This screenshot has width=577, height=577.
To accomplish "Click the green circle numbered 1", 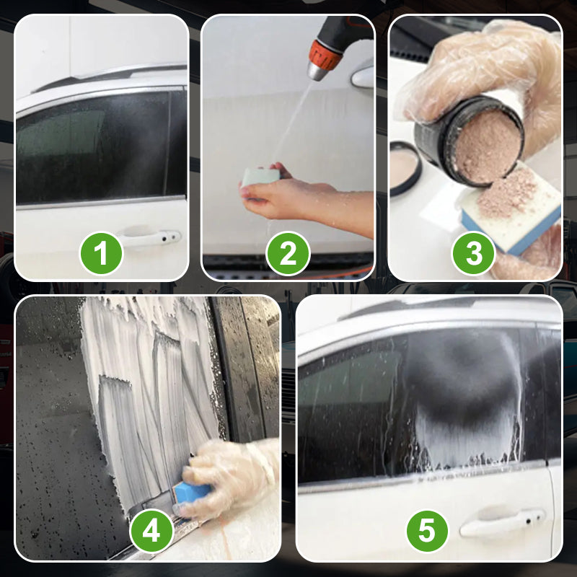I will [101, 253].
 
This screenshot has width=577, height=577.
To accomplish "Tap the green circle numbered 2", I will [288, 253].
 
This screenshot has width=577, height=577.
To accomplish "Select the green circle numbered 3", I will [474, 253].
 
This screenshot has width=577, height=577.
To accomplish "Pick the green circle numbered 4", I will [151, 532].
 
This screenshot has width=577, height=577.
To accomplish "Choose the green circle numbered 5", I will [428, 532].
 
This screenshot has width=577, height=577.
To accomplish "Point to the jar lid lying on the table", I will [405, 167].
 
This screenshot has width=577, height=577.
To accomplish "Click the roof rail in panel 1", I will [108, 76].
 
